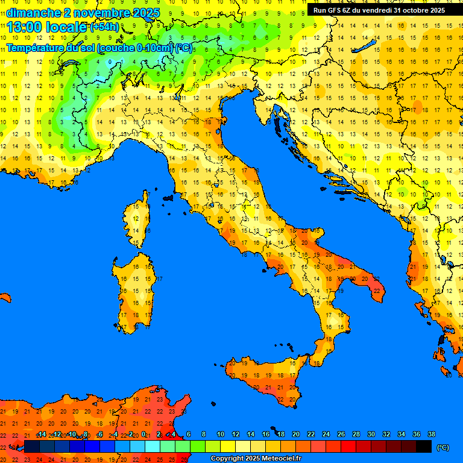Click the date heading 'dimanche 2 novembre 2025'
pyautogui.click(x=83, y=13)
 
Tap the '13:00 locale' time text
pyautogui.click(x=47, y=27)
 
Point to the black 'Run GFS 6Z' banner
pyautogui.click(x=379, y=10)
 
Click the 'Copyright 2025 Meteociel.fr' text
pyautogui.click(x=256, y=458)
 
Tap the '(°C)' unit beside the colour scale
pyautogui.click(x=443, y=447)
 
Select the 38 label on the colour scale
pyautogui.click(x=431, y=434)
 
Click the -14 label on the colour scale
pyautogui.click(x=42, y=434)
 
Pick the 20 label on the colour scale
pyautogui.click(x=295, y=434)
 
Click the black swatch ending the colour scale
pyautogui.click(x=424, y=446)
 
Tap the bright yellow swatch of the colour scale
pyautogui.click(x=228, y=446)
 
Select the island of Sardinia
pyautogui.click(x=134, y=289)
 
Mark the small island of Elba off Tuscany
pyautogui.click(x=168, y=197)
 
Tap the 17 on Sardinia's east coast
pyautogui.click(x=160, y=279)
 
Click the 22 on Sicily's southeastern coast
pyautogui.click(x=292, y=398)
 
